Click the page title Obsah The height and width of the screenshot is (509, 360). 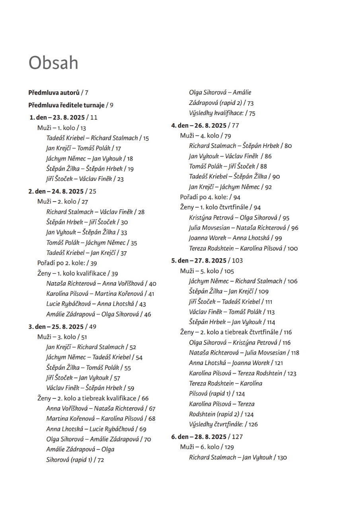click(x=53, y=63)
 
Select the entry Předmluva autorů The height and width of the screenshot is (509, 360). click(x=54, y=93)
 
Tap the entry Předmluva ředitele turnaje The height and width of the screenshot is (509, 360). click(x=66, y=105)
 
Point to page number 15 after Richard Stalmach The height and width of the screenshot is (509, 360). click(x=146, y=138)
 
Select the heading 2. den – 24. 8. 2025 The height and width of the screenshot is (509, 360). click(x=56, y=191)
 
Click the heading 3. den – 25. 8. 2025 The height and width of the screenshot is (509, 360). click(x=56, y=326)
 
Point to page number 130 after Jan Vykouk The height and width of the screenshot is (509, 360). click(x=282, y=458)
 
